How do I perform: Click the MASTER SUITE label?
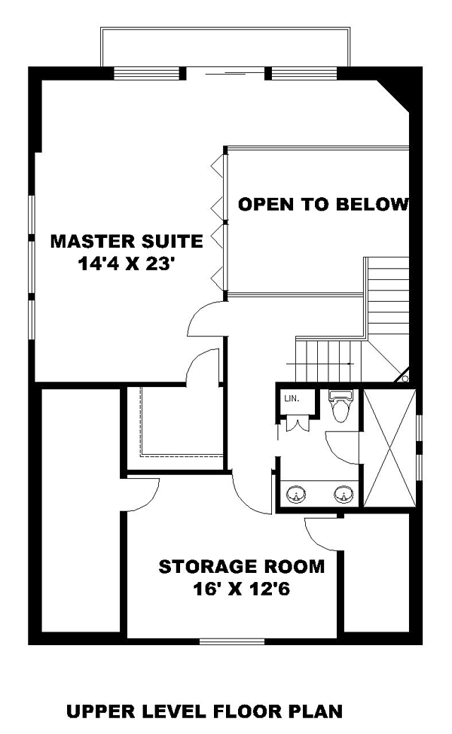127,241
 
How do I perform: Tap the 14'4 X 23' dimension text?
126,264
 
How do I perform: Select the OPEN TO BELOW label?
323,204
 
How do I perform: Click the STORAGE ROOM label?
242,566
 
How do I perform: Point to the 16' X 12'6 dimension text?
242,589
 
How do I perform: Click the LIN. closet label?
292,399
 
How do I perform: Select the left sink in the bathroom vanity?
296,494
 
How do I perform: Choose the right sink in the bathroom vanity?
344,494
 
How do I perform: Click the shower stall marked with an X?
389,447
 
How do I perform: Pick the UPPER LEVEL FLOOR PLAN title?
204,711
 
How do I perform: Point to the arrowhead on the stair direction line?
350,364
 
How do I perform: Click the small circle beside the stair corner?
405,378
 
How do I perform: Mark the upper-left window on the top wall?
147,74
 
